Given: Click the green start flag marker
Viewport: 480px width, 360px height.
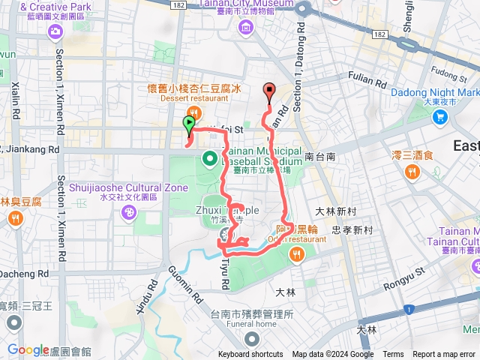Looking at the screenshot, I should [188, 124].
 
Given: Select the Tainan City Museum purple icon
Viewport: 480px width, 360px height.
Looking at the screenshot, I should [246, 28].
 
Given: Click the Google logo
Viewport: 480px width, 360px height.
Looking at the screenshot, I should [28, 349].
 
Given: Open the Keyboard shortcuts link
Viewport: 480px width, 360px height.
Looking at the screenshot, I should [250, 355].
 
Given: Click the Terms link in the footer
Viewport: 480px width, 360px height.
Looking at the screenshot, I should [393, 355].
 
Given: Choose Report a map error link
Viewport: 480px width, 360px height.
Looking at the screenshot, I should [444, 355].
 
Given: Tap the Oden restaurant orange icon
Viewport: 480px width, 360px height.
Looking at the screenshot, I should [297, 255].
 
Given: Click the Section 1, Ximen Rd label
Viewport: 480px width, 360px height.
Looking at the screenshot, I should [59, 203].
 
